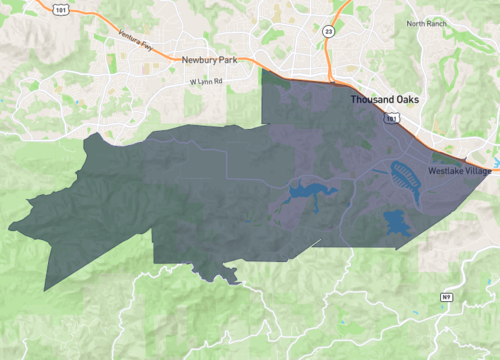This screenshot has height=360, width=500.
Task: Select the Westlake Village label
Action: (x=460, y=172)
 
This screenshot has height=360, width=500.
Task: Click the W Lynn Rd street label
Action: (x=204, y=81)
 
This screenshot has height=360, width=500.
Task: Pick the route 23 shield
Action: (x=329, y=31)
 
